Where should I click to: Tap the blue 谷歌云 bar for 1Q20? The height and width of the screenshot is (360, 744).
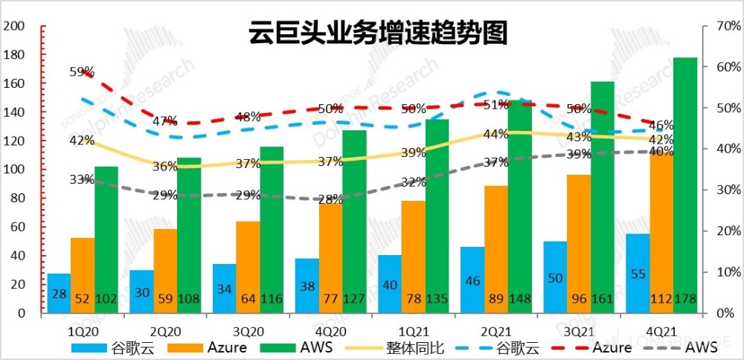click(x=59, y=293)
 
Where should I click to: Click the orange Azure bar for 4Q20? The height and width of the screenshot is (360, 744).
click(x=331, y=257)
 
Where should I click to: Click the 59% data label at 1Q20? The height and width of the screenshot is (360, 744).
click(x=83, y=72)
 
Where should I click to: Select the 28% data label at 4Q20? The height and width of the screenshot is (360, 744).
click(x=331, y=199)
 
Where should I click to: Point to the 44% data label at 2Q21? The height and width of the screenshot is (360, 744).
click(x=496, y=135)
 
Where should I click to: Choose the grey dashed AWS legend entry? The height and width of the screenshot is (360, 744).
click(x=685, y=347)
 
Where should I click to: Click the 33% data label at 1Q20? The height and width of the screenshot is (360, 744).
click(x=83, y=179)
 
